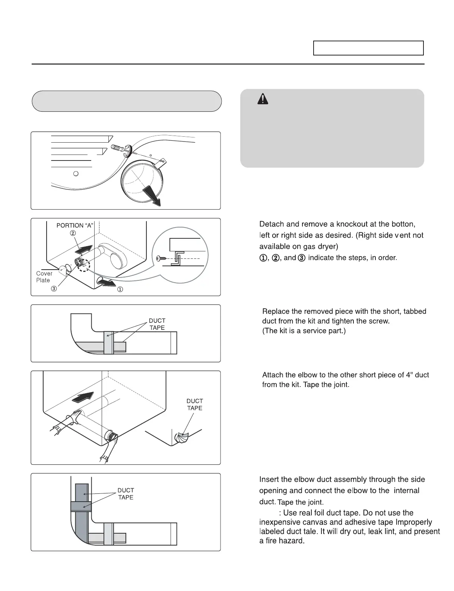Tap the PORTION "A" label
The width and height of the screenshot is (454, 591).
click(75, 225)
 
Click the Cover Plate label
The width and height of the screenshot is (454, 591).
click(44, 277)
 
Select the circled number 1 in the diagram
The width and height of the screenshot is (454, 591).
click(120, 290)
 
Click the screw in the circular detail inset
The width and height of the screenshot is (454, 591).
click(161, 258)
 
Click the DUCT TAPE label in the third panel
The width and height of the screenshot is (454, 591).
click(157, 324)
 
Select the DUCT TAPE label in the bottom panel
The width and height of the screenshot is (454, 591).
click(126, 494)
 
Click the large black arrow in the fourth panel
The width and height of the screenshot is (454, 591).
click(83, 397)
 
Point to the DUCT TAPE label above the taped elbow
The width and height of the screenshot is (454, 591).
click(194, 404)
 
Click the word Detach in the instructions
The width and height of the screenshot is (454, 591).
click(272, 224)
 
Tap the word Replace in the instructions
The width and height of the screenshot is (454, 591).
click(275, 311)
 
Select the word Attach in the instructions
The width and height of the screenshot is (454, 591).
click(273, 375)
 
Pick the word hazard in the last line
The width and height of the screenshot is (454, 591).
click(292, 541)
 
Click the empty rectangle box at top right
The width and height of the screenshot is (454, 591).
click(368, 48)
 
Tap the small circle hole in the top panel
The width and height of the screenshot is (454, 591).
click(76, 174)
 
